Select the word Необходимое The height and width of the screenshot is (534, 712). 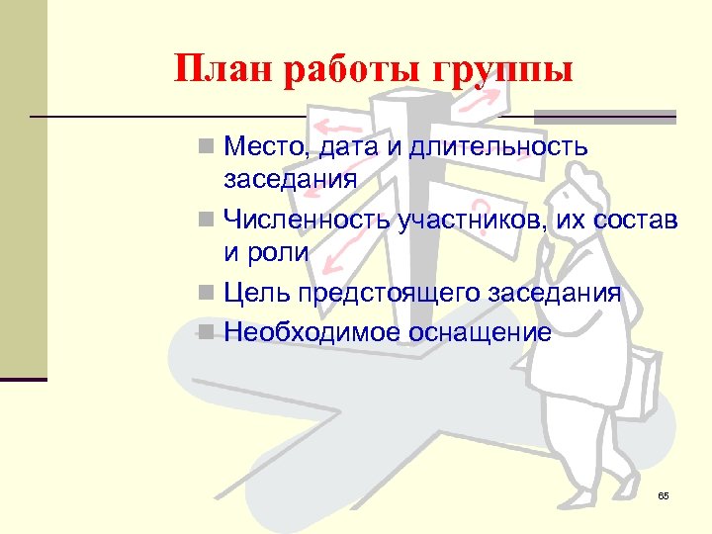tap(309, 332)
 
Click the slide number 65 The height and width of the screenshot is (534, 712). tap(663, 494)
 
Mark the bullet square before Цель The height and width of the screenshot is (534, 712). tap(205, 294)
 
